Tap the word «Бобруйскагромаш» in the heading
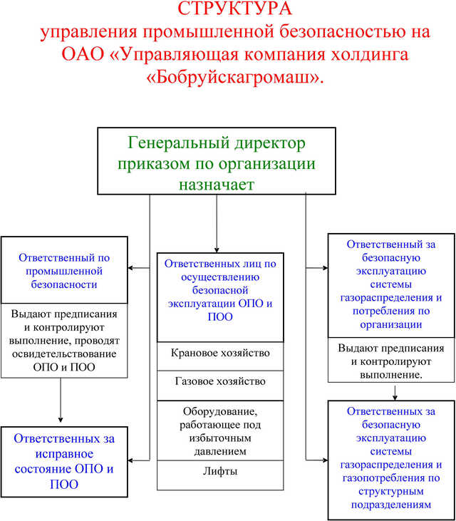[234, 77]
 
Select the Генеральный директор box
[217, 160]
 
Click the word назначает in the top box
[217, 183]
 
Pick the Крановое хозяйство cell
[220, 353]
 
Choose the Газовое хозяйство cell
[220, 381]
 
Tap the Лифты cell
[220, 470]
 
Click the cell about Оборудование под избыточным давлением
[220, 431]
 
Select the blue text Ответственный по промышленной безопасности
[65, 270]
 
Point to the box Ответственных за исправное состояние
[64, 461]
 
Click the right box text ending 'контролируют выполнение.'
[390, 361]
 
